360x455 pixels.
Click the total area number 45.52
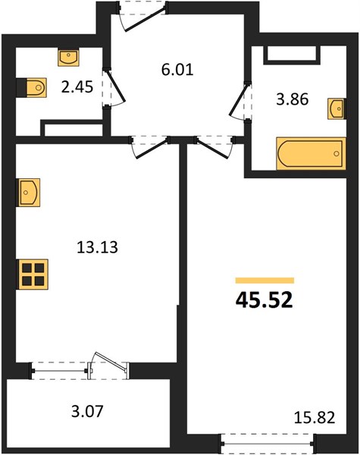[x=265, y=300]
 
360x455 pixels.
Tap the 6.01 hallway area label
[x=177, y=70]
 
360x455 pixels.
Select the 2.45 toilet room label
[x=77, y=86]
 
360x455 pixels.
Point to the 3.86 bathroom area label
[x=292, y=99]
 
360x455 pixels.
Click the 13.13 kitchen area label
[x=98, y=247]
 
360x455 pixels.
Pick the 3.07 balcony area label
[x=87, y=412]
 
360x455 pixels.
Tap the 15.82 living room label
[x=315, y=418]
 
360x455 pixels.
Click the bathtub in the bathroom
[x=311, y=153]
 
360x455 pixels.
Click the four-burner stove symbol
[x=33, y=275]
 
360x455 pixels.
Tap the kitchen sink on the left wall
[x=29, y=193]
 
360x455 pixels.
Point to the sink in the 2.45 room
[x=68, y=58]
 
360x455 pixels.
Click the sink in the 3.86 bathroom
[x=337, y=108]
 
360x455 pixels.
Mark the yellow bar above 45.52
[x=265, y=281]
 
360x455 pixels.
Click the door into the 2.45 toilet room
[x=115, y=87]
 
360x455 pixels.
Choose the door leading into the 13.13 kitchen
[x=150, y=148]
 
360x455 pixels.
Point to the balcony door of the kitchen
[x=108, y=366]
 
